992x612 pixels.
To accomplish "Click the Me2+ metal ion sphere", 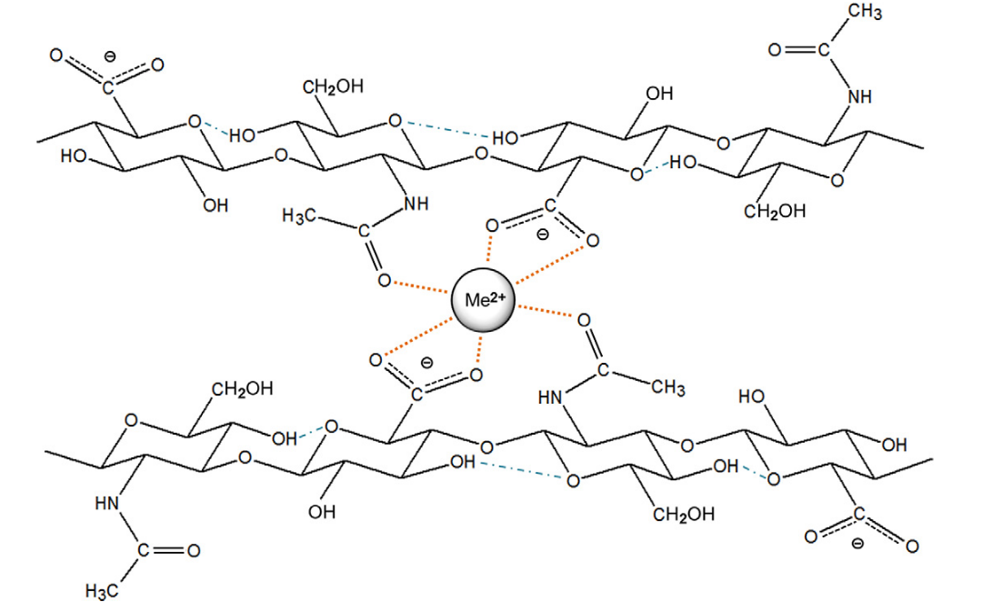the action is click(483, 300).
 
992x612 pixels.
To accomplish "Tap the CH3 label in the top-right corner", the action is click(865, 12).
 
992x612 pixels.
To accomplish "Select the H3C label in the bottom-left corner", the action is click(102, 591).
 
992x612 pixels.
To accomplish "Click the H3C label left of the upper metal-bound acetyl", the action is click(298, 216).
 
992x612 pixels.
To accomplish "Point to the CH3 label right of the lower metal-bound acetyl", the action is click(668, 386).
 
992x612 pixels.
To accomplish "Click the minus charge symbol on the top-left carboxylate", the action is click(109, 57).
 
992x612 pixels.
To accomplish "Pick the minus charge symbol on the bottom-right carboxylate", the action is click(857, 543).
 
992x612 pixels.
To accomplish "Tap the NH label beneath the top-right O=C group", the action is click(860, 96).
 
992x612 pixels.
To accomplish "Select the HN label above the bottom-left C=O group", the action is click(107, 504).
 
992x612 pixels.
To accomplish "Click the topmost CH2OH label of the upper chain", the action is click(333, 86).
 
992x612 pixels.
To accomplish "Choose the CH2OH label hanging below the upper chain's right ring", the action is click(775, 211).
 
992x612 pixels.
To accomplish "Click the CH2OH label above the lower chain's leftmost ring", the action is click(242, 388).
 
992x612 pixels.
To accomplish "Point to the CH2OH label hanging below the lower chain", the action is click(684, 515).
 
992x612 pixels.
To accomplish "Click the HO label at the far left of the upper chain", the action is click(74, 156).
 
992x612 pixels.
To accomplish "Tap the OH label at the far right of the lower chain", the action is click(894, 445).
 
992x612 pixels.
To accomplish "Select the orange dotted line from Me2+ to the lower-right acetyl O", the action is click(546, 311).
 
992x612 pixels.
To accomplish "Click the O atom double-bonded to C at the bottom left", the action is click(194, 551).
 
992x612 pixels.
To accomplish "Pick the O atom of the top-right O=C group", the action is click(775, 50).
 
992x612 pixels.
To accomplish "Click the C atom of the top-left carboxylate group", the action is click(108, 86).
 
